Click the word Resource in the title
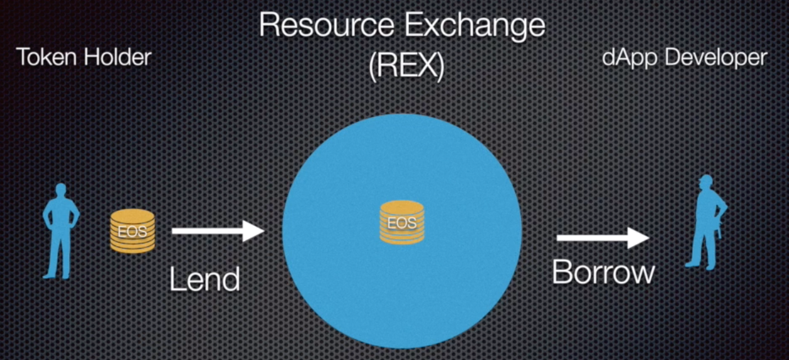pyautogui.click(x=327, y=25)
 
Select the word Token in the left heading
pyautogui.click(x=47, y=57)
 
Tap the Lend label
pyautogui.click(x=204, y=279)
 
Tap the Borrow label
pyautogui.click(x=603, y=272)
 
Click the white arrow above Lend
pyautogui.click(x=218, y=231)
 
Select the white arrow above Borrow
pyautogui.click(x=603, y=238)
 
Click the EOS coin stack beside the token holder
pyautogui.click(x=132, y=231)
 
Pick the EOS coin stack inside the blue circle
pyautogui.click(x=402, y=222)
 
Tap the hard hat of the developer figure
pyautogui.click(x=705, y=179)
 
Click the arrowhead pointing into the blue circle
pyautogui.click(x=254, y=231)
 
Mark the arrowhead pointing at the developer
pyautogui.click(x=639, y=238)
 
